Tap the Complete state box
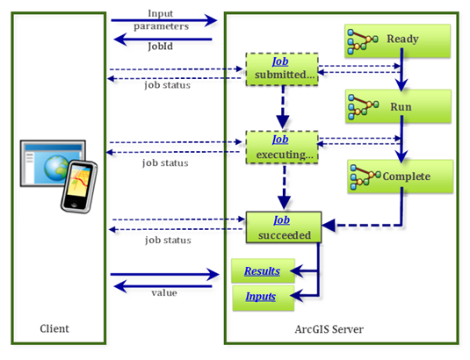coord(400,176)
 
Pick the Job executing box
coord(282,147)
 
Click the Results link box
coord(261,272)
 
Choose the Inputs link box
coord(261,297)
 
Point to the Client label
coord(54,329)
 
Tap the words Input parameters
coord(161,19)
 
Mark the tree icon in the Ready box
coord(359,40)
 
